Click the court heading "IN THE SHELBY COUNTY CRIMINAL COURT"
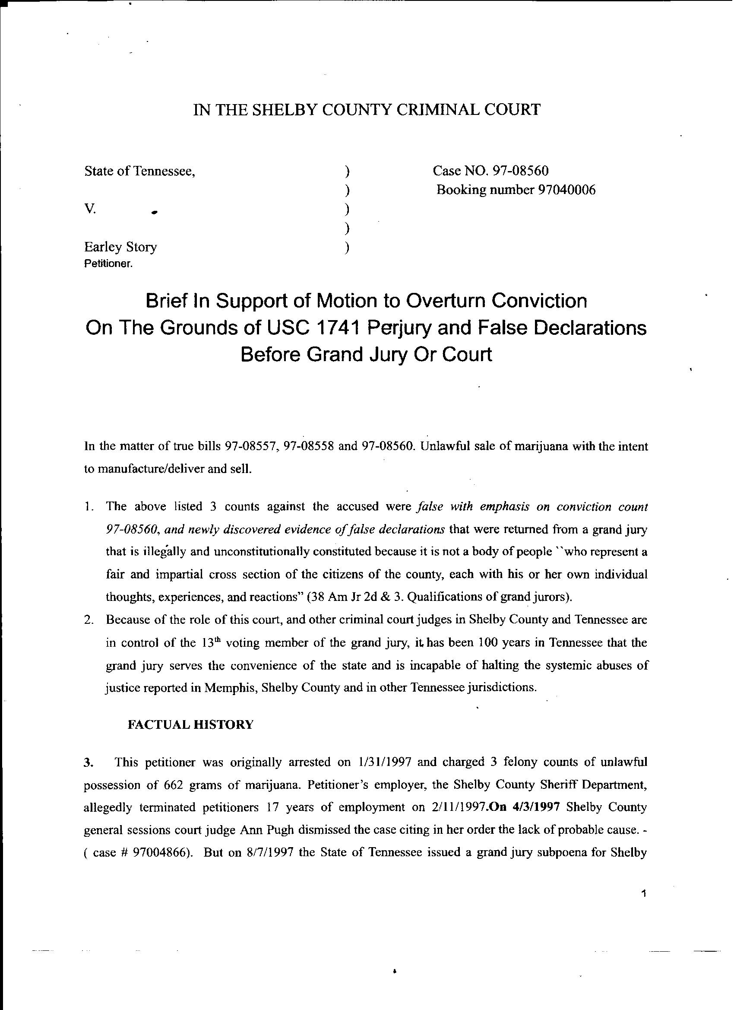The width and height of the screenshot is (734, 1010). pyautogui.click(x=367, y=110)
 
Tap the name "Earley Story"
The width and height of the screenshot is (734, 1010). pyautogui.click(x=120, y=247)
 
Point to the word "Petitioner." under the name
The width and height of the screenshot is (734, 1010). pyautogui.click(x=109, y=264)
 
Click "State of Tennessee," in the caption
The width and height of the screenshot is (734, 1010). pyautogui.click(x=140, y=171)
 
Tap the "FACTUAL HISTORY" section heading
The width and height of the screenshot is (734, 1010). pyautogui.click(x=190, y=724)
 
